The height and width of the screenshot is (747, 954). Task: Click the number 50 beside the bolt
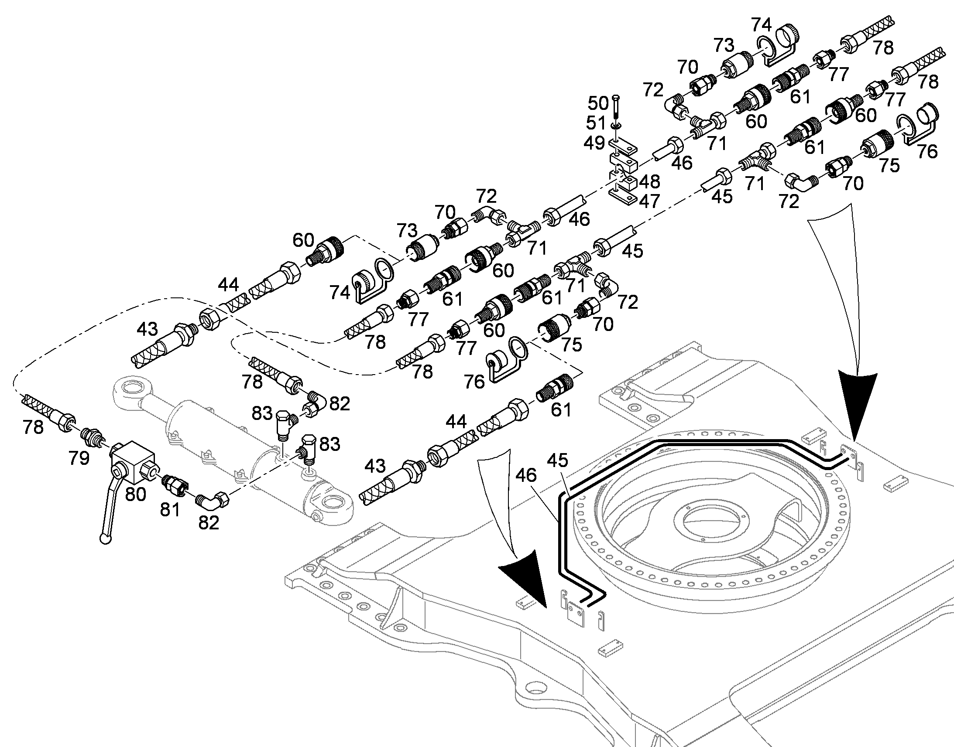tap(598, 104)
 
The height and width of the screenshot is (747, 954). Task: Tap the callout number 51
tap(596, 123)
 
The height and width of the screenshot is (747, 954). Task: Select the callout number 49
tap(594, 143)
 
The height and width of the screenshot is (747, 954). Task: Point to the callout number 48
tap(649, 181)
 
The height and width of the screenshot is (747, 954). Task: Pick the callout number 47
tap(649, 201)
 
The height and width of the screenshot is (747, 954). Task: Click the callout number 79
tap(79, 458)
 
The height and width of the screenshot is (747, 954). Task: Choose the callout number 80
tap(136, 494)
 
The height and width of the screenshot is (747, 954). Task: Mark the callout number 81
tap(170, 509)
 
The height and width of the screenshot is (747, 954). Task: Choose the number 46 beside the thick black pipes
tap(525, 474)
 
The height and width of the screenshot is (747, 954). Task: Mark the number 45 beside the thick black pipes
tap(558, 460)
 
